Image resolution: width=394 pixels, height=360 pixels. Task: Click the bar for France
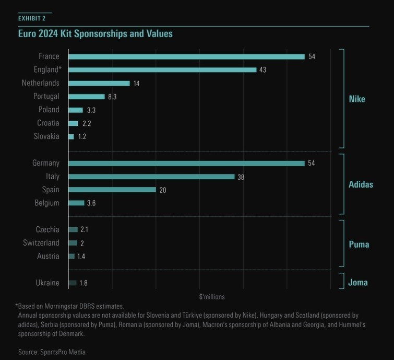pos(186,56)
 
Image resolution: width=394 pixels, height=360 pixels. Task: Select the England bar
pos(162,69)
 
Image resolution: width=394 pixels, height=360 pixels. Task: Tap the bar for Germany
pos(186,163)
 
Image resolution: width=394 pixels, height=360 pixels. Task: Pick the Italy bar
pos(151,177)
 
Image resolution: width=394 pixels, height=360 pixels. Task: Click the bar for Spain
pos(112,190)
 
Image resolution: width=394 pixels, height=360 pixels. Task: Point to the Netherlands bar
pos(99,83)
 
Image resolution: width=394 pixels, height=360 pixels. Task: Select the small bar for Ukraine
pos(73,283)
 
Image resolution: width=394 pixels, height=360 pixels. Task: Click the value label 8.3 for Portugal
pos(114,97)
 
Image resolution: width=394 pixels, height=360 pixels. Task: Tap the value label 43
pos(263,70)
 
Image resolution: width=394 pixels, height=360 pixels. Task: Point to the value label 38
pos(241,177)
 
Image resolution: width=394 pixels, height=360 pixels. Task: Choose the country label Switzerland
pos(41,243)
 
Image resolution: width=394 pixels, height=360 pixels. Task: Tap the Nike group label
pos(357,99)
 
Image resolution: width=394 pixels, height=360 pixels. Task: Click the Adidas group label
pos(361,184)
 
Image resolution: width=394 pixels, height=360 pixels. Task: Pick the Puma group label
pos(359,244)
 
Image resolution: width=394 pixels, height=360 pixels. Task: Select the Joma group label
pos(358,283)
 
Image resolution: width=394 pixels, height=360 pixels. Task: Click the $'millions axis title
pos(212,297)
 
